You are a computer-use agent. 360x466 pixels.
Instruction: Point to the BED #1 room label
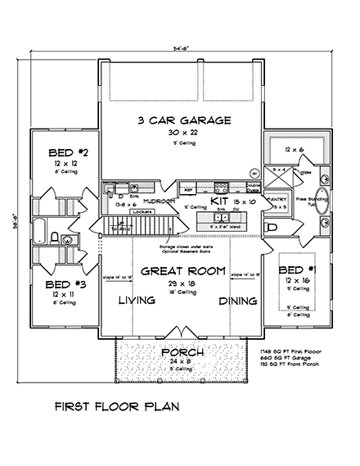[x=292, y=269]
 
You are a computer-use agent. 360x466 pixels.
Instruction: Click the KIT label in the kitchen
[x=218, y=200]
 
